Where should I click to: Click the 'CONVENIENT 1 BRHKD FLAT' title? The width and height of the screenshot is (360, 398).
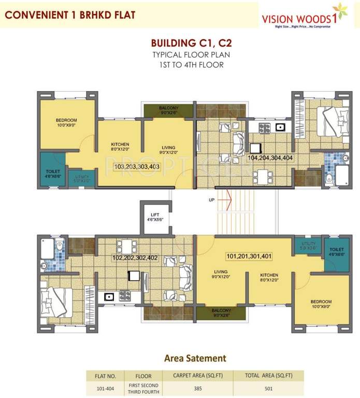coord(70,15)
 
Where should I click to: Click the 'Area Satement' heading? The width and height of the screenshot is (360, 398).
coord(195,358)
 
